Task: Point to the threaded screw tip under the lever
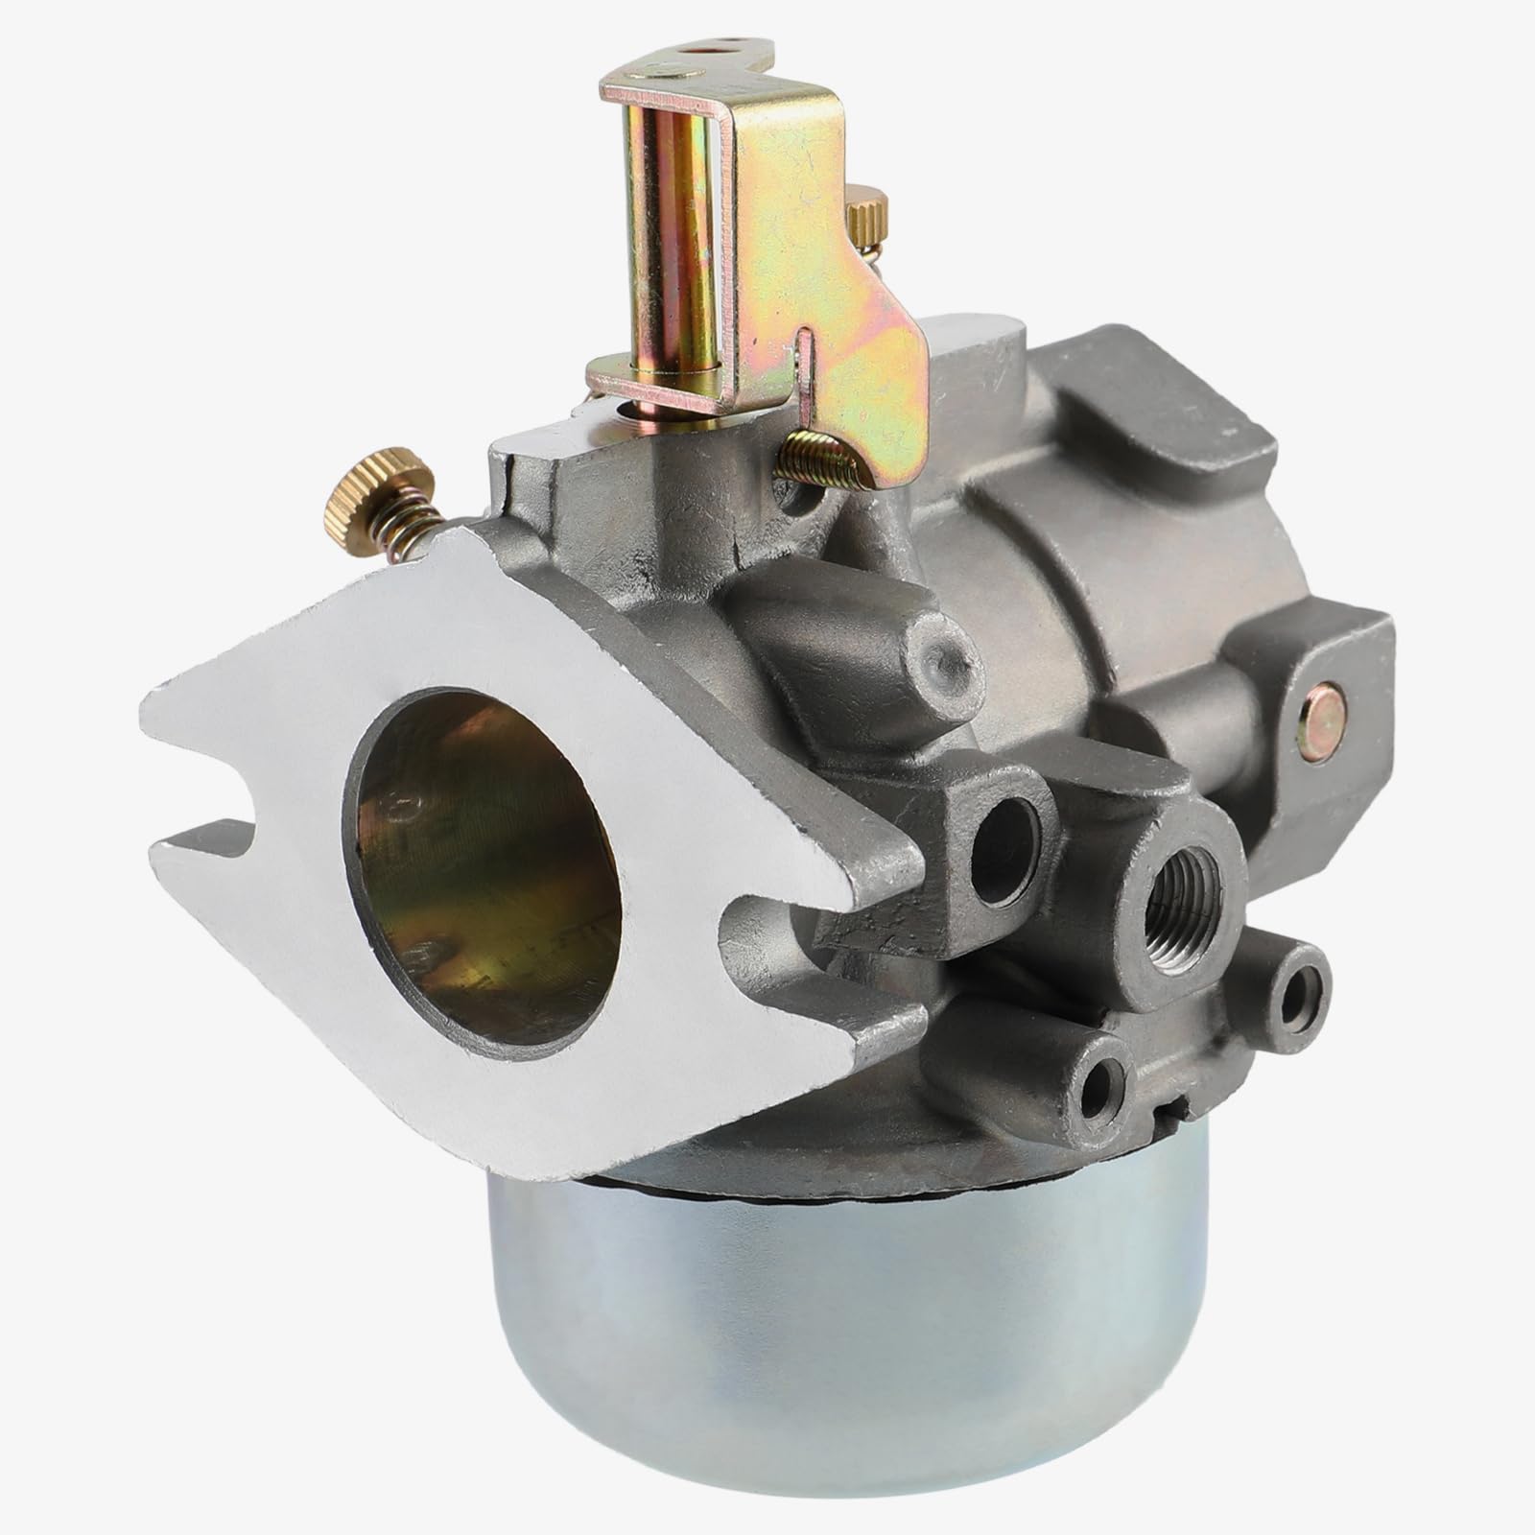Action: pos(815,460)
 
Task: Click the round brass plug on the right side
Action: pos(1321,709)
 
